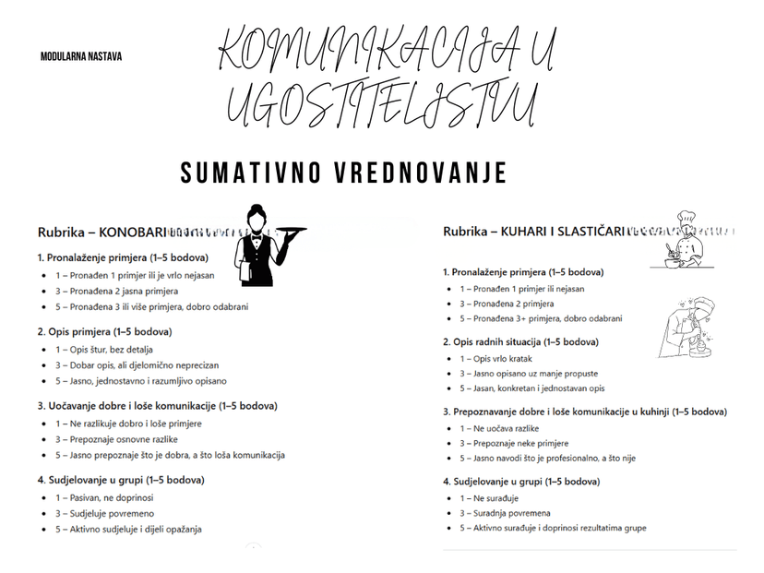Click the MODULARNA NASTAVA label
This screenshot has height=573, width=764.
tap(81, 56)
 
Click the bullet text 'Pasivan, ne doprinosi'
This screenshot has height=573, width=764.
tap(110, 497)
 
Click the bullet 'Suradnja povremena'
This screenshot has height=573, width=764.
tap(505, 513)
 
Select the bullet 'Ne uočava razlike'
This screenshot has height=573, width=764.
tap(505, 428)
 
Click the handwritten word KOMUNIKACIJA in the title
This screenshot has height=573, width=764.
tap(360, 53)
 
